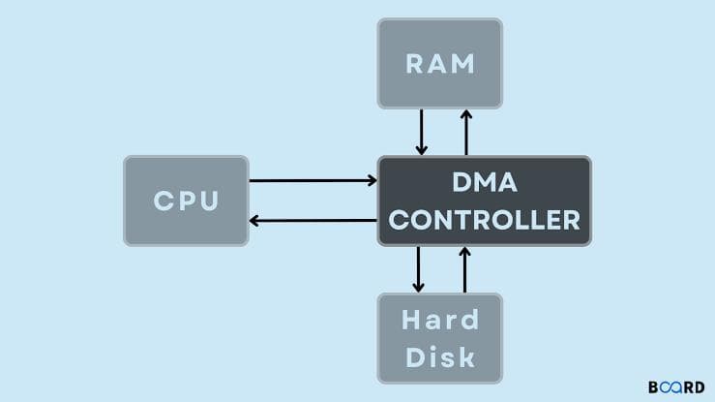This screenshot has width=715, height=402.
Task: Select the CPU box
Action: click(186, 201)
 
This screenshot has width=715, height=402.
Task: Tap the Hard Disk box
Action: click(440, 337)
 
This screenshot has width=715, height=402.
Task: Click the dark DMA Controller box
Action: click(484, 201)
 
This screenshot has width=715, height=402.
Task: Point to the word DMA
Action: click(485, 181)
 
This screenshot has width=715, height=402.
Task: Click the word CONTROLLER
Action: click(485, 220)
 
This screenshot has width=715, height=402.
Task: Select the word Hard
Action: click(441, 321)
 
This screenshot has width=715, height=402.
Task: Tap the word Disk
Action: click(441, 356)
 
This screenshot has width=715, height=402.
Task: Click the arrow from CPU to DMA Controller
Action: click(313, 180)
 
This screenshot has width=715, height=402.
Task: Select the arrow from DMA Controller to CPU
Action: click(313, 220)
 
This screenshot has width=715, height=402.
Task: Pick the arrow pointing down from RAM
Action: click(421, 132)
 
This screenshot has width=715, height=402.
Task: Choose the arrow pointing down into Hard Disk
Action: click(418, 269)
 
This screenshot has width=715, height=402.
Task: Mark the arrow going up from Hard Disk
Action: click(464, 269)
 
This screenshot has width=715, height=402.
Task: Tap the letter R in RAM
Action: click(414, 63)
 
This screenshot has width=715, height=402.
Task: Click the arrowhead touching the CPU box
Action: click(254, 220)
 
